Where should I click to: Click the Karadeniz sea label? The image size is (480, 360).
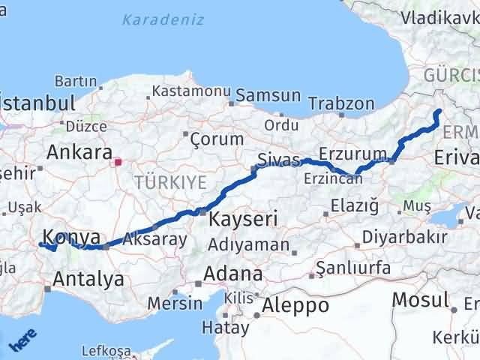(x=163, y=19)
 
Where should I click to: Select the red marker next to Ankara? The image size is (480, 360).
(x=118, y=160)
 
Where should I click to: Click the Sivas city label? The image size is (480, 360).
(x=278, y=160)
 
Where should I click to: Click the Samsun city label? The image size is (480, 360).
(x=268, y=96)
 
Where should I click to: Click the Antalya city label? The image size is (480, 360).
(x=88, y=280)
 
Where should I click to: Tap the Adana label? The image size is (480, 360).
(x=236, y=274)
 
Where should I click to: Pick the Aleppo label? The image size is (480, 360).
(x=295, y=305)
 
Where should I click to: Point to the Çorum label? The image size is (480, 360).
(x=217, y=139)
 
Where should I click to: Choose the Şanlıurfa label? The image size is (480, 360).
(x=353, y=267)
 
